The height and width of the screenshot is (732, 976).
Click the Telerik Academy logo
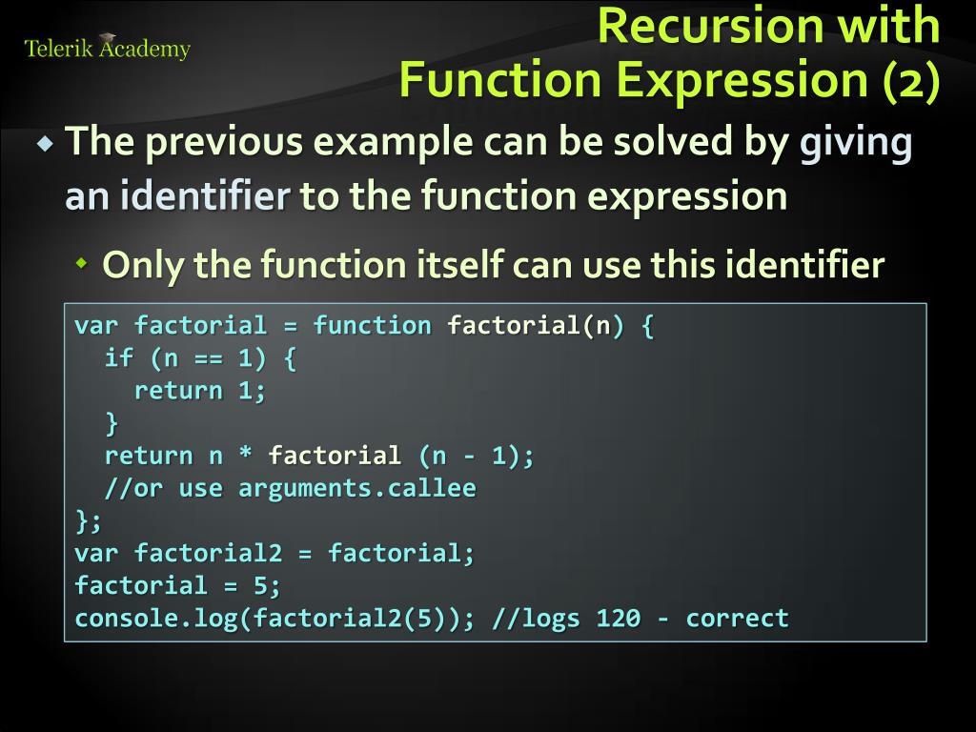pyautogui.click(x=107, y=48)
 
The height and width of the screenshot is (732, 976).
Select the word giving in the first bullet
pyautogui.click(x=855, y=144)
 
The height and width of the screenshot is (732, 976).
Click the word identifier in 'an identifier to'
pyautogui.click(x=205, y=196)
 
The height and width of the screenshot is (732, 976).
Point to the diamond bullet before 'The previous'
pyautogui.click(x=46, y=145)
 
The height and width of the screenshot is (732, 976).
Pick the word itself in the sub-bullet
pyautogui.click(x=457, y=264)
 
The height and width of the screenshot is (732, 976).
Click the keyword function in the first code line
pyautogui.click(x=372, y=326)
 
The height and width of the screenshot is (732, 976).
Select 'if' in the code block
pyautogui.click(x=119, y=358)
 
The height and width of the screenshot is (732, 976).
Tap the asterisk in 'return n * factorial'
pyautogui.click(x=246, y=457)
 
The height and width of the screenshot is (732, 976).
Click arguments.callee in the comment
pyautogui.click(x=356, y=489)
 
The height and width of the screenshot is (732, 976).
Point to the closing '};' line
pyautogui.click(x=89, y=521)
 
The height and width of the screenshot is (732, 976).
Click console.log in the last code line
pyautogui.click(x=156, y=619)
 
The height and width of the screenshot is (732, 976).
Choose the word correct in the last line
pyautogui.click(x=737, y=619)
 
